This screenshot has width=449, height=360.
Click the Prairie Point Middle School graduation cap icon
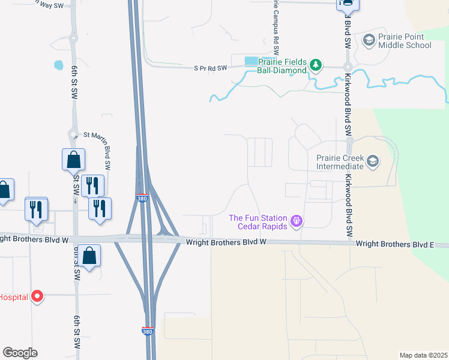pyautogui.click(x=369, y=40)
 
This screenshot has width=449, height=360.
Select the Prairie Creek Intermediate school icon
pyautogui.click(x=373, y=161)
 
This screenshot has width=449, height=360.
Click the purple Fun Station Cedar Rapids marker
pyautogui.click(x=295, y=222)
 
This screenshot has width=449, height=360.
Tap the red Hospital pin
pyautogui.click(x=37, y=296)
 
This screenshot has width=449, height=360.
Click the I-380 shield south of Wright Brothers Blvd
pyautogui.click(x=147, y=331)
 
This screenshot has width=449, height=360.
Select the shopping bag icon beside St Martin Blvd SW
pyautogui.click(x=73, y=160)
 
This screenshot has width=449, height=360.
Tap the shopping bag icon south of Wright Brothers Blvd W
pyautogui.click(x=89, y=256)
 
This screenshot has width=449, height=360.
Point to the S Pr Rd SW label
pyautogui.click(x=210, y=68)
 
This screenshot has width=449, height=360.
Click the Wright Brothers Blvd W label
pyautogui.click(x=226, y=242)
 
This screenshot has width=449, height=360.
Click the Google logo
pyautogui.click(x=20, y=353)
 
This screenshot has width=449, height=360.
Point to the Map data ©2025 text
pyautogui.click(x=423, y=355)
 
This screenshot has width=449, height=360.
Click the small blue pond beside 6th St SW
pyautogui.click(x=58, y=64)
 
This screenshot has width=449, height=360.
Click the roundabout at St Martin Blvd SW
pyautogui.click(x=73, y=134)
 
